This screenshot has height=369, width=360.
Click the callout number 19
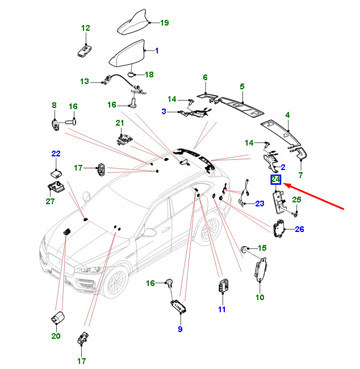(165, 23)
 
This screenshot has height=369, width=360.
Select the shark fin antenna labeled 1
(127, 53)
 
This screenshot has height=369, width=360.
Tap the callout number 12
(86, 28)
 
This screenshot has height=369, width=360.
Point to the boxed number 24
(275, 180)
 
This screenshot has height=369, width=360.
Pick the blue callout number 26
(299, 229)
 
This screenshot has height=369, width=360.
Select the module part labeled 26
(279, 229)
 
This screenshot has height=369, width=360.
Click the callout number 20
(56, 336)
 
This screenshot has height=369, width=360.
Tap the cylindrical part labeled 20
(58, 317)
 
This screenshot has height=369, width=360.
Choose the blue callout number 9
(180, 329)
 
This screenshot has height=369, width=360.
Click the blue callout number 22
(56, 154)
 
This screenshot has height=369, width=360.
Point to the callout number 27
(51, 201)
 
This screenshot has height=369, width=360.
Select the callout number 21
(120, 123)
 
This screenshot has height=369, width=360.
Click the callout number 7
(300, 175)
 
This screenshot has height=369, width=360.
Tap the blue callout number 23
(259, 204)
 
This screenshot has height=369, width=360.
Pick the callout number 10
(260, 297)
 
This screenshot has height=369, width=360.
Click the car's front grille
(61, 264)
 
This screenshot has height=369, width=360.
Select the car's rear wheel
(210, 229)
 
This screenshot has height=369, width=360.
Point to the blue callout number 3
(164, 111)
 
